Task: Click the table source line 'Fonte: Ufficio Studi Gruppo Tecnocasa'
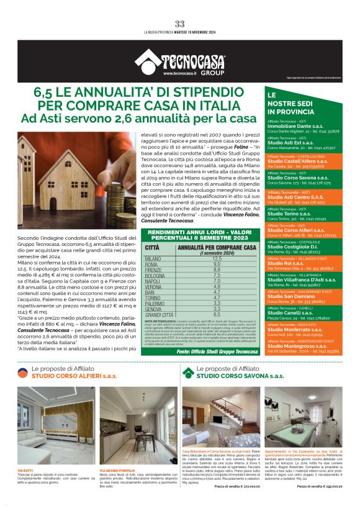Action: [x=215, y=351]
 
